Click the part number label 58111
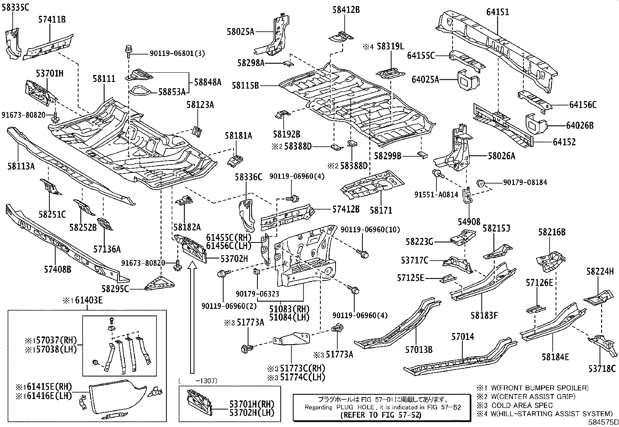(104, 79)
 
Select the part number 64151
(497, 12)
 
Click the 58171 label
(381, 211)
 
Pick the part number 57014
(463, 337)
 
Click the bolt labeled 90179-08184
(480, 183)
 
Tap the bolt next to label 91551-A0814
(437, 173)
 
